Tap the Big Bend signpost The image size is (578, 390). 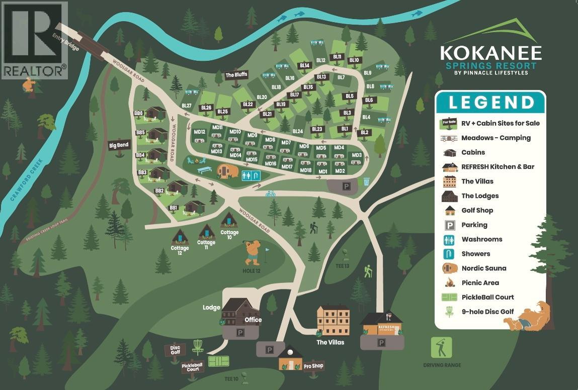tap(119, 145)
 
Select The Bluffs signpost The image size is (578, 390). tap(236, 75)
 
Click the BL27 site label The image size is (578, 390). tap(186, 106)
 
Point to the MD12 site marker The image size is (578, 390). tap(200, 132)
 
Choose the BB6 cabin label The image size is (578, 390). tap(139, 114)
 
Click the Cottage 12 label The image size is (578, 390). tap(180, 248)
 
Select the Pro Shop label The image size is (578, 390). tap(313, 366)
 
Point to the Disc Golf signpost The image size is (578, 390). tap(175, 349)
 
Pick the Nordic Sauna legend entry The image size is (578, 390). tap(484, 268)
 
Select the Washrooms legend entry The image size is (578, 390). tap(481, 239)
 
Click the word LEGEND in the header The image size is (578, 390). tap(491, 103)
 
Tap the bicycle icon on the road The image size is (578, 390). tap(271, 193)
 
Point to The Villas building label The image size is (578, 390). tap(331, 342)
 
